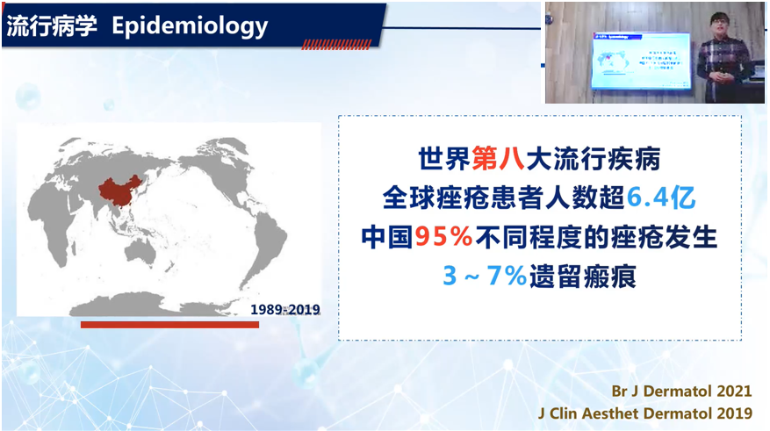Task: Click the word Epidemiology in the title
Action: coord(190,26)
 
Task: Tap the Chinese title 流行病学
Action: coord(52,25)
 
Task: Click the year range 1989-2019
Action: coord(285,309)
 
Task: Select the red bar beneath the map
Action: coord(170,325)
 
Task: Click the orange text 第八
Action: coord(498,159)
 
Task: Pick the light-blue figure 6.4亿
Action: coord(661,198)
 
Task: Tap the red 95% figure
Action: coord(443,237)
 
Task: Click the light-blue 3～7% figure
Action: coord(485,276)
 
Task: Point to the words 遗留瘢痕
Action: coord(582,277)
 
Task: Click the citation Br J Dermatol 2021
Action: coord(681,391)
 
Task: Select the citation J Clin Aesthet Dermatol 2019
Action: coord(645,413)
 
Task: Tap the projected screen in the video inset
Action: coord(641,61)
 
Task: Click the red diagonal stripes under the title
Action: coord(336,45)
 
